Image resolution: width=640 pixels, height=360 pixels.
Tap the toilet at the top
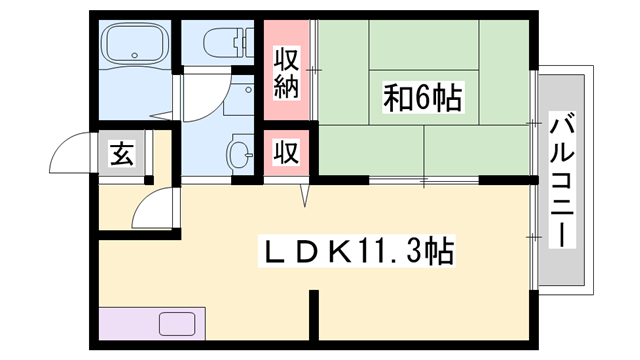[222, 42]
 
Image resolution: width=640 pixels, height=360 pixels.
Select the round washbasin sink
[240, 155]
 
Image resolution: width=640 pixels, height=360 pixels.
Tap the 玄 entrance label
[122, 154]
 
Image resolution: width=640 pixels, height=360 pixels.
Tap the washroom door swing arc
[205, 95]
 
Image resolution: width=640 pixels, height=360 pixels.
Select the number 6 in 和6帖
[423, 99]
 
